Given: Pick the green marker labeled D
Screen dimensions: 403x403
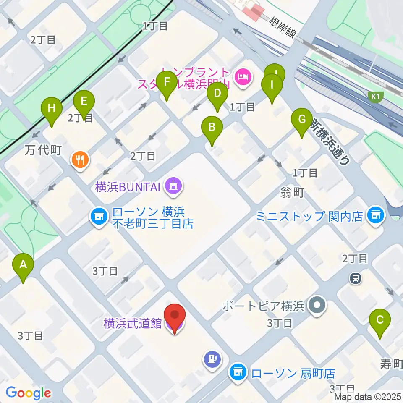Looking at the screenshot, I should (x=217, y=93).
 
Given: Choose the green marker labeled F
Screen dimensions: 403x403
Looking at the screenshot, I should (x=167, y=82).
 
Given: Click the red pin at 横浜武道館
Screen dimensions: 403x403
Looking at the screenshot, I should (x=174, y=316).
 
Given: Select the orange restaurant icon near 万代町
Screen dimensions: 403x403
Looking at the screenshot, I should (x=80, y=160).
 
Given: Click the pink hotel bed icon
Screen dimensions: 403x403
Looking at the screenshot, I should (x=243, y=76).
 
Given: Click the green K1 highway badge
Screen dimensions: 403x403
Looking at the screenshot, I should (x=375, y=97).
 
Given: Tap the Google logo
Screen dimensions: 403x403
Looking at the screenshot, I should (x=28, y=393).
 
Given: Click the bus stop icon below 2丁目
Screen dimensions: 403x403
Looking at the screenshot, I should (x=356, y=277).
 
